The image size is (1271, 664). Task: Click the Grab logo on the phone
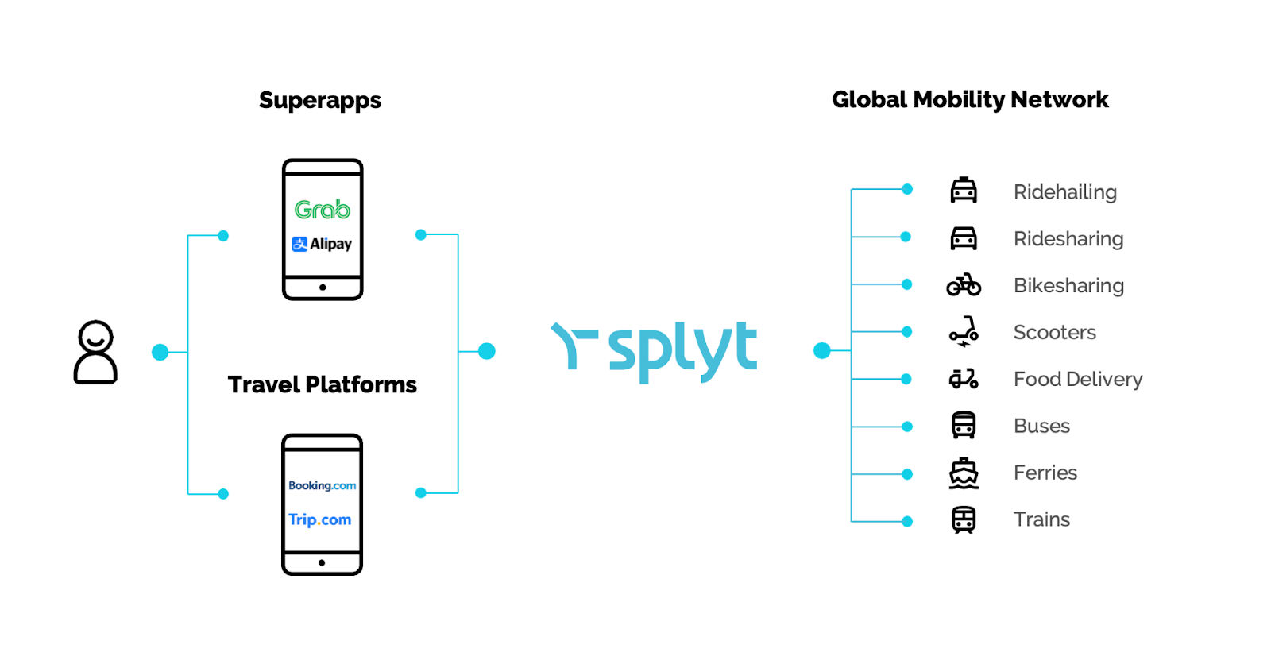tap(322, 210)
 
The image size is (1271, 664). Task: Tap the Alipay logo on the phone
tap(322, 244)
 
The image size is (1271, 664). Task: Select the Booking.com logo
tap(322, 485)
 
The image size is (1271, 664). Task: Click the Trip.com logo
tap(320, 519)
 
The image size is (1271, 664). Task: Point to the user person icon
tap(95, 352)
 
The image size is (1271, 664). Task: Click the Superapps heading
tap(320, 100)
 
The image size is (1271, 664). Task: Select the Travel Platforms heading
tap(322, 384)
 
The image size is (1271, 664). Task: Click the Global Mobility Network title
tap(970, 99)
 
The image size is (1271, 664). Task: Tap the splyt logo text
tap(682, 349)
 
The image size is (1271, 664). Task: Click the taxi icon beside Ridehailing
tap(964, 191)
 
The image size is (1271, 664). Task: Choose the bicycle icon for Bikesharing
tap(964, 284)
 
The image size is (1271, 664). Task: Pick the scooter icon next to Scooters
tap(964, 332)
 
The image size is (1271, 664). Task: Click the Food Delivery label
tap(1078, 379)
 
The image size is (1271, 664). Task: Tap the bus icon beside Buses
tap(964, 426)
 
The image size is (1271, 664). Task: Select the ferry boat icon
tap(964, 473)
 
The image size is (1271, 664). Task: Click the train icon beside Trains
tap(964, 519)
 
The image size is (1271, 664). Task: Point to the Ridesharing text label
tap(1068, 238)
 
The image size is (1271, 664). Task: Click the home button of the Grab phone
tap(323, 288)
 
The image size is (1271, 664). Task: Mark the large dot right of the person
tap(160, 352)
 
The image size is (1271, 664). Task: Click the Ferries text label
tap(1045, 473)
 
